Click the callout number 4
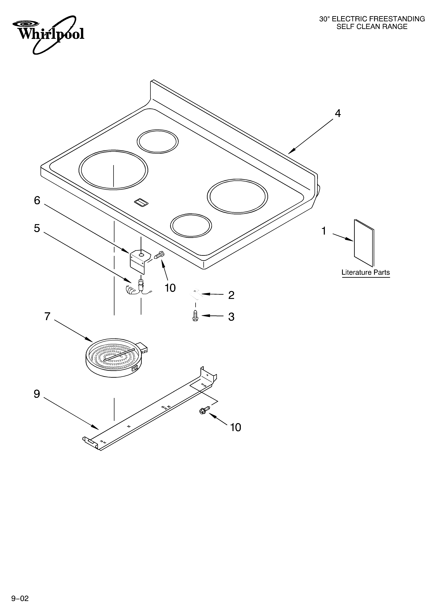click(x=338, y=114)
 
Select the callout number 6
click(x=37, y=201)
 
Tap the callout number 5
click(x=37, y=228)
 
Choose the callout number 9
click(x=37, y=394)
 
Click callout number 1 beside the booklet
click(x=324, y=231)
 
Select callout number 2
click(x=231, y=295)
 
